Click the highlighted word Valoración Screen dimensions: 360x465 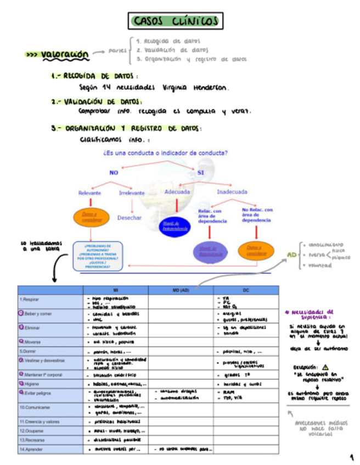point(65,55)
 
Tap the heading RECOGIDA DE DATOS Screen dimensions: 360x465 point(97,76)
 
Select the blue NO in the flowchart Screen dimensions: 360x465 point(114,173)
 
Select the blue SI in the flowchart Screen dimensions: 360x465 point(200,173)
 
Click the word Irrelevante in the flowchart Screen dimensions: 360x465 point(132,193)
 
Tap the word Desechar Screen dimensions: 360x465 point(130,218)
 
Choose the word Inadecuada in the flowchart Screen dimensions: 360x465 point(235,192)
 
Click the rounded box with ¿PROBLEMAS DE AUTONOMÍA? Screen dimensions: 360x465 point(98,257)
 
